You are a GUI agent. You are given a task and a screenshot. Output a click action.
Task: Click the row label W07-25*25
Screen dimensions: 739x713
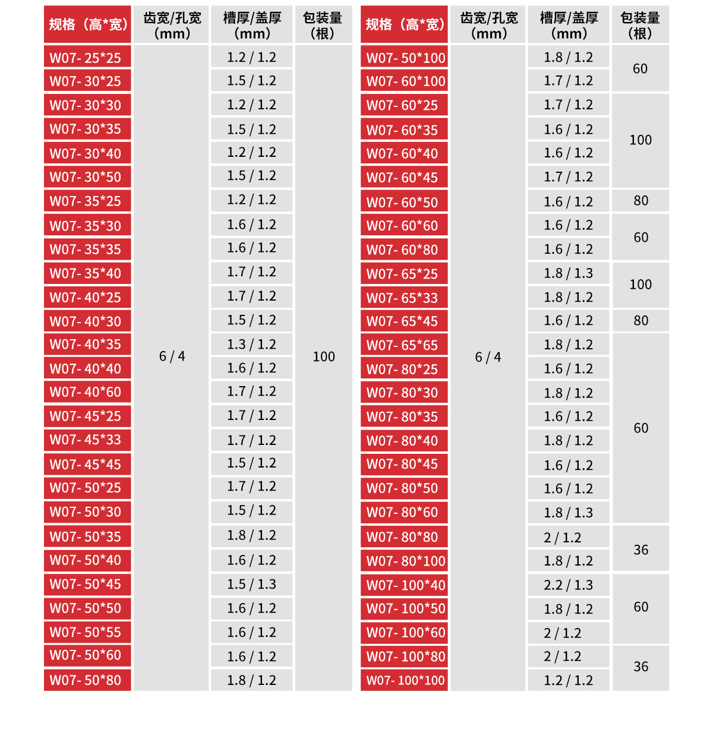tap(87, 58)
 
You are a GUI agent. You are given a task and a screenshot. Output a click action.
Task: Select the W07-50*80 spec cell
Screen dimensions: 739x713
tap(87, 680)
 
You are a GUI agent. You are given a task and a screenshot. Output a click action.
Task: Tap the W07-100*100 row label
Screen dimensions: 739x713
tap(404, 680)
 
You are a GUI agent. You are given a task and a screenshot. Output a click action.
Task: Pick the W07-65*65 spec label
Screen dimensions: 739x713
tap(404, 345)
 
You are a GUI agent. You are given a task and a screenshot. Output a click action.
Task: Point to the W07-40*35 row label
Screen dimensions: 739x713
tap(87, 345)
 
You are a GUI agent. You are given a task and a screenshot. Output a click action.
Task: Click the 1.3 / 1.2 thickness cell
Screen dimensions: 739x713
tap(251, 345)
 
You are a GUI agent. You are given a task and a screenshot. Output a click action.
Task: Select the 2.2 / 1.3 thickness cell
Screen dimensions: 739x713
tap(568, 585)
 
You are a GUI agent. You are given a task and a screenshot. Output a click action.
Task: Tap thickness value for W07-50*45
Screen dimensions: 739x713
tap(251, 585)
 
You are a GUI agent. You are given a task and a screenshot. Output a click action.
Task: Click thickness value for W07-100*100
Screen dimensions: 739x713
tap(568, 680)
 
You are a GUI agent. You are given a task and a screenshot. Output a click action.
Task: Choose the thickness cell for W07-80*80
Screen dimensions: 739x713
tap(568, 538)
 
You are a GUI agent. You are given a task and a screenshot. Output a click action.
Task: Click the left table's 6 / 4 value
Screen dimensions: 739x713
tap(172, 356)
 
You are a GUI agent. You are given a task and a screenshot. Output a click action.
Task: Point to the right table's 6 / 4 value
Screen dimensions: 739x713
tap(488, 357)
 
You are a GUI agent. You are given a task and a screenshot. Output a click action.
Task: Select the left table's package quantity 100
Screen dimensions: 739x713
tap(324, 356)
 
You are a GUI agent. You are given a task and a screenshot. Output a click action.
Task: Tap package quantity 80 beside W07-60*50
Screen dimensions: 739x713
tap(641, 201)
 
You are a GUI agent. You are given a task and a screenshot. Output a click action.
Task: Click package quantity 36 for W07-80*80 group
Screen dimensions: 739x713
tap(641, 549)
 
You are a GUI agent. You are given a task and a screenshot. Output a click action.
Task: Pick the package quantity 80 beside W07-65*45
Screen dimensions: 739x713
tap(641, 321)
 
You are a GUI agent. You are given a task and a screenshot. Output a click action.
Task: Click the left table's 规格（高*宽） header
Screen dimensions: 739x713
tap(87, 25)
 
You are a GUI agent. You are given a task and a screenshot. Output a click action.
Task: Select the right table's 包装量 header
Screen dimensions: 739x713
tap(641, 25)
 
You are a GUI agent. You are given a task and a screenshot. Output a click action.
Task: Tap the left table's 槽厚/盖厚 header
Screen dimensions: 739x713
tap(251, 25)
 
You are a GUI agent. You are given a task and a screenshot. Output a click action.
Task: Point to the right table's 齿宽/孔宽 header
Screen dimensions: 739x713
tap(488, 25)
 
